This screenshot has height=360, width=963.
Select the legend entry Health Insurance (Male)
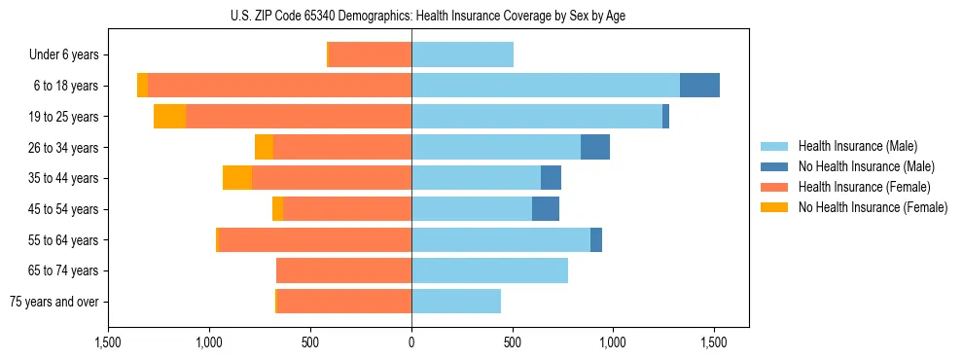coord(857,146)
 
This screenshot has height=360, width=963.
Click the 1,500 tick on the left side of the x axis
coord(108,342)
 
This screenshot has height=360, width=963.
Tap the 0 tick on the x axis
coord(411,342)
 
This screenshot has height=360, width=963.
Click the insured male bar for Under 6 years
coord(462,54)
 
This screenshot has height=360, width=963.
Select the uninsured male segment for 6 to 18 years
coord(699,86)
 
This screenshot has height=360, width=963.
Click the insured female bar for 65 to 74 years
coord(343,270)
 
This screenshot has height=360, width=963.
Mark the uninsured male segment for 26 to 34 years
coord(595,147)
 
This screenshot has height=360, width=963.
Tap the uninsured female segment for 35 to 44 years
coord(237,178)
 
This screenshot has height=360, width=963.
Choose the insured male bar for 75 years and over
coord(456,302)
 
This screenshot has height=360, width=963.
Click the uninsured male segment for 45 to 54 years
coord(546,209)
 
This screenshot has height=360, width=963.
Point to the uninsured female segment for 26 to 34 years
coord(264,147)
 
